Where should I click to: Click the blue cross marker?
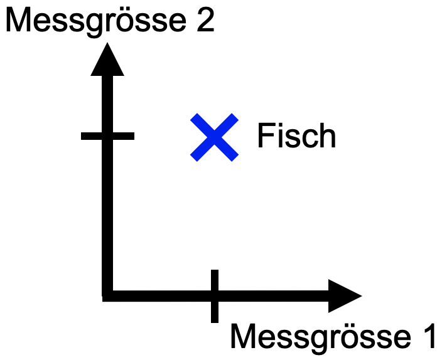[215, 137]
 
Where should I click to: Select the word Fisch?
[296, 136]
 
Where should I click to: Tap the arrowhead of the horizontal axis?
[345, 295]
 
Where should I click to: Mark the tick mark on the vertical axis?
[107, 135]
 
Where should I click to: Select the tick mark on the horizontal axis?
[215, 295]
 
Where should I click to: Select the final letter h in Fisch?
[327, 136]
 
